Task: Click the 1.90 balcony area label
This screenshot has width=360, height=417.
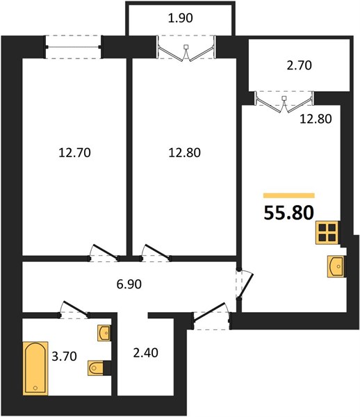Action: (180, 18)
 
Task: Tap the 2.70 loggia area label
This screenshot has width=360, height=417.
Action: (299, 65)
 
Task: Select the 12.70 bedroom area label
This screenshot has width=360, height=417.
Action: (74, 153)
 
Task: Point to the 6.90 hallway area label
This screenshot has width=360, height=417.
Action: (129, 284)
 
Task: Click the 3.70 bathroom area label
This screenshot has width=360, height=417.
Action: (64, 356)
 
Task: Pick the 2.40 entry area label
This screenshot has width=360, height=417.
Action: (145, 352)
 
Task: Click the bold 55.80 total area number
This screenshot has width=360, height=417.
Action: (288, 213)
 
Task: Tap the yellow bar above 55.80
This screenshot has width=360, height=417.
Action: (288, 196)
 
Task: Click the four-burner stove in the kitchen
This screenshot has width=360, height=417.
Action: (327, 232)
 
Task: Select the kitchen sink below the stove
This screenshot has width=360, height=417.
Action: (336, 266)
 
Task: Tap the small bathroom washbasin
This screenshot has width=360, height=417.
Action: (104, 332)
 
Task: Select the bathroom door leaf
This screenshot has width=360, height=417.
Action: (76, 309)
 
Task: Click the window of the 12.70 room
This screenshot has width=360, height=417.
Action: (74, 47)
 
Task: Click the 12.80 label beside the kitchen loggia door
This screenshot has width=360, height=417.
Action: (316, 119)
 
